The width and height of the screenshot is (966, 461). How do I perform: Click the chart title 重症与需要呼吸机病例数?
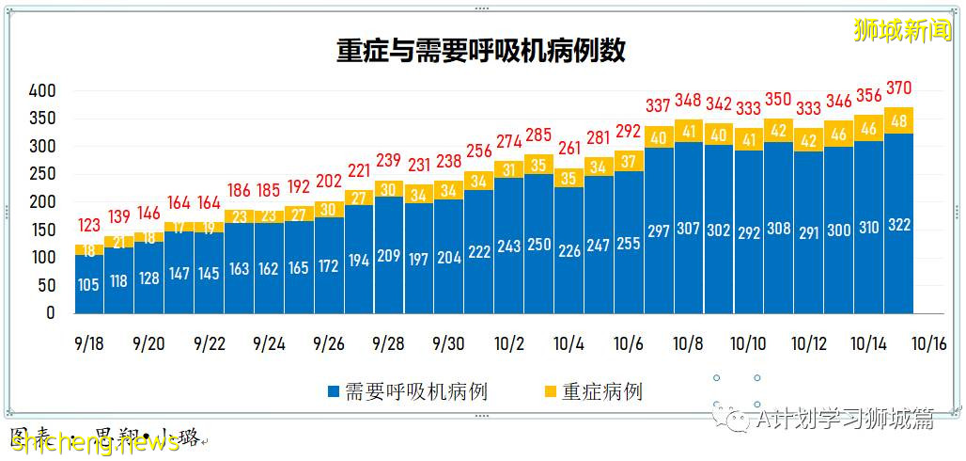click(x=481, y=51)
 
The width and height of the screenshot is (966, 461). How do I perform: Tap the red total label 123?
click(x=89, y=226)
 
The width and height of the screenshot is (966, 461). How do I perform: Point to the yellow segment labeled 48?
click(x=899, y=120)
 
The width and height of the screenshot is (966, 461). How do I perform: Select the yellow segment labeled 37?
click(x=629, y=161)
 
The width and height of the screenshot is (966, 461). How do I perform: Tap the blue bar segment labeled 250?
click(x=538, y=245)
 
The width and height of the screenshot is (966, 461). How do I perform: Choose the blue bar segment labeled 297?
click(x=659, y=231)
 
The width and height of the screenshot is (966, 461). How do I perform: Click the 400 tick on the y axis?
click(x=42, y=91)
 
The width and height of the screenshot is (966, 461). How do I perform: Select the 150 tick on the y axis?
click(x=42, y=230)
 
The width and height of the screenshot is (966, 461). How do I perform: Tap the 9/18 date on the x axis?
click(x=89, y=344)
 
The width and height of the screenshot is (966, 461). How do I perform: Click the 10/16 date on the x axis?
click(x=929, y=344)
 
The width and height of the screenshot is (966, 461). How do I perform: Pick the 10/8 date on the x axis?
click(x=689, y=344)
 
